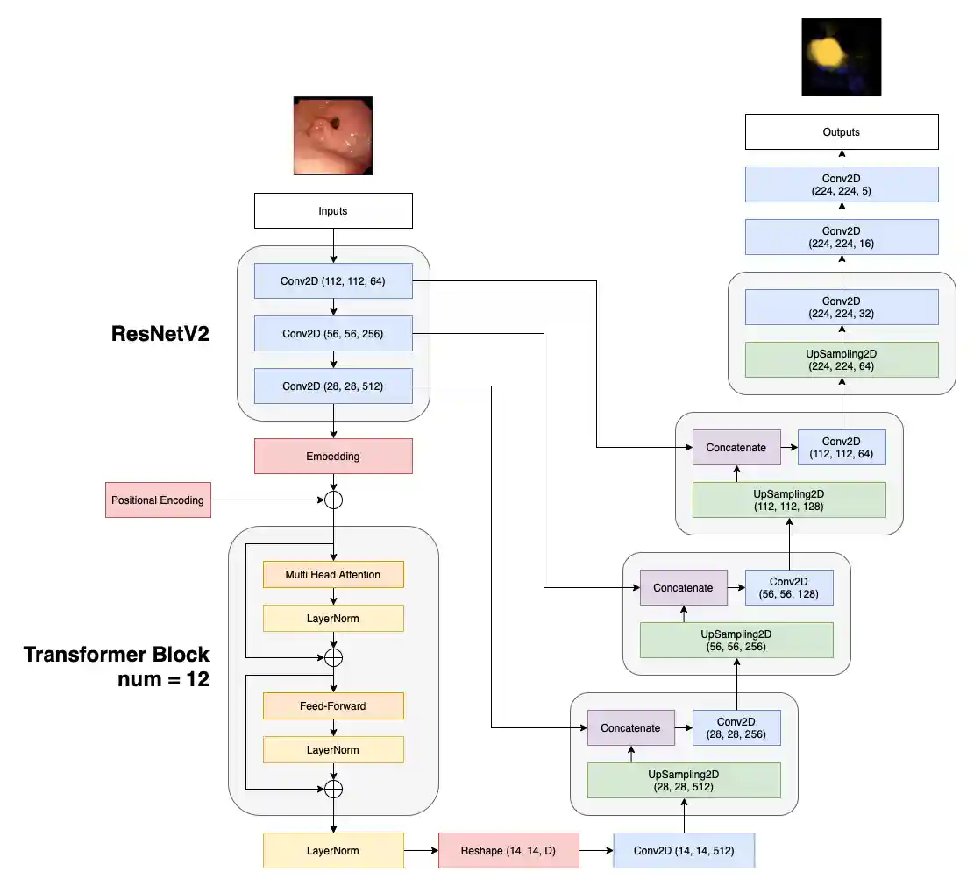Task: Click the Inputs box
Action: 333,211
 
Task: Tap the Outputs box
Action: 842,132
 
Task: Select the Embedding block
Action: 333,457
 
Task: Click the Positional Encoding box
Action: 158,500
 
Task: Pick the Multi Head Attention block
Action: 333,575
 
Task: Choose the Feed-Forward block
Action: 333,706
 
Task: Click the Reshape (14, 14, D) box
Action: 508,850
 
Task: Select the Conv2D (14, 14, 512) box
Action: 684,850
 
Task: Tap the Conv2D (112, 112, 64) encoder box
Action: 333,281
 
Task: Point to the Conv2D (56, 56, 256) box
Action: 333,334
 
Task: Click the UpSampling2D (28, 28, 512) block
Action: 684,780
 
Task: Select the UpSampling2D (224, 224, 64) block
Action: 842,359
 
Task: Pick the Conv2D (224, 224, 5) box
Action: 842,185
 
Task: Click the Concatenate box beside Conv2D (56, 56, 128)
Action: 684,587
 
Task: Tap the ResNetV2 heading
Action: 160,334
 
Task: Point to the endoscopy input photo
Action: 333,136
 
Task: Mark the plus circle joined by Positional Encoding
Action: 333,500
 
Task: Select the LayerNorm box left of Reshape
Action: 333,850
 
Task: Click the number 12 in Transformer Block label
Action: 198,679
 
